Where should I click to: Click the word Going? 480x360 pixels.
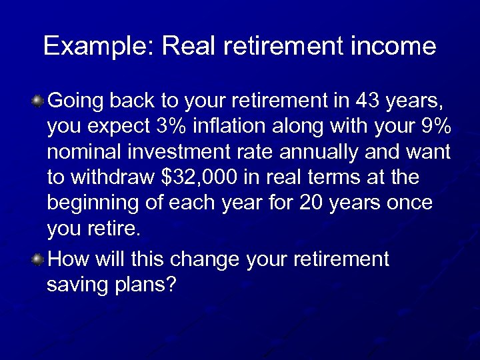tap(75, 102)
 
